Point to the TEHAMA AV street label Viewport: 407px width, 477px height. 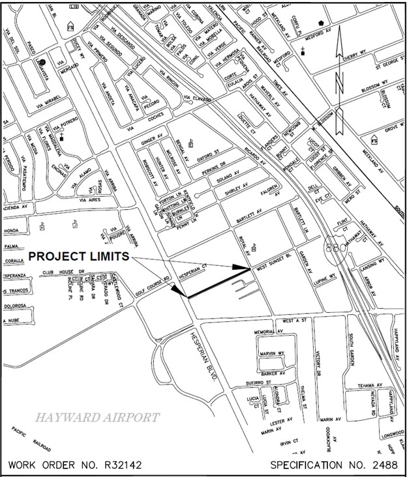pos(370,386)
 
